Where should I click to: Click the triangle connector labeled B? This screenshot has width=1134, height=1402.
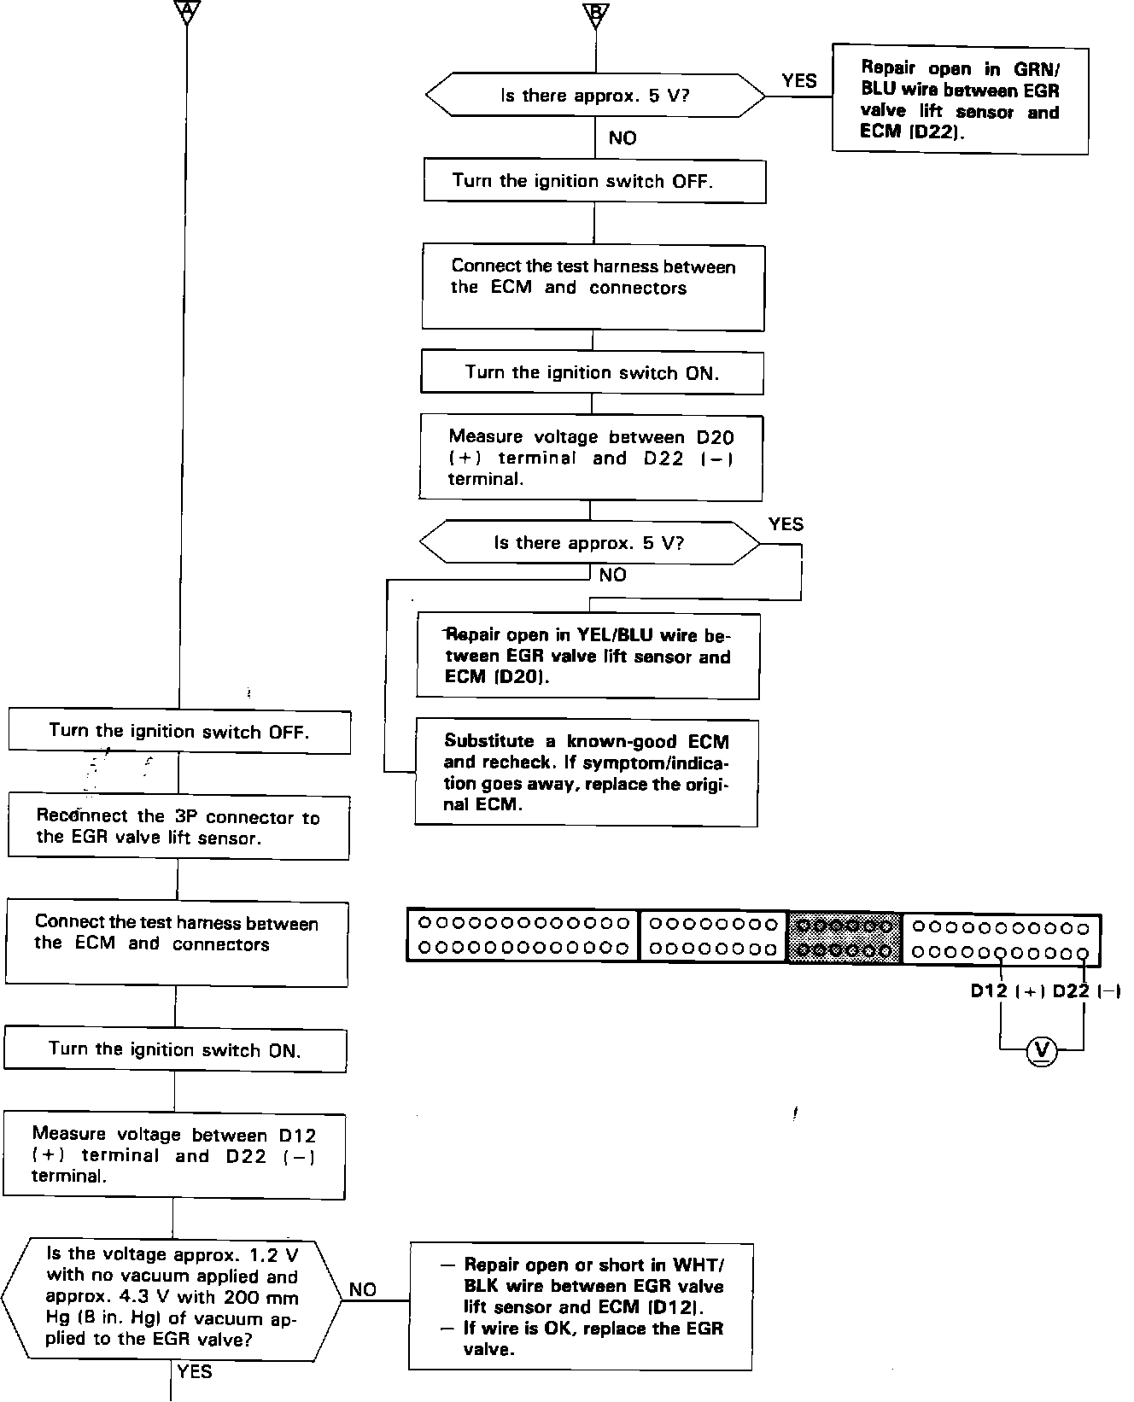(x=596, y=12)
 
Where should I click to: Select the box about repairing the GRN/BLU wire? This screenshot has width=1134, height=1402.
(x=960, y=99)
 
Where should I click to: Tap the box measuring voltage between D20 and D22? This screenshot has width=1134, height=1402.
(x=590, y=458)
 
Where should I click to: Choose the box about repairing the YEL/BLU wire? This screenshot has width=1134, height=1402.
(x=587, y=656)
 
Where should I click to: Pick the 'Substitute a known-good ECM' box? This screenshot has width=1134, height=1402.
(x=587, y=773)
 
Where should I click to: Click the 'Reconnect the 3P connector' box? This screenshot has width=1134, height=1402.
(x=178, y=827)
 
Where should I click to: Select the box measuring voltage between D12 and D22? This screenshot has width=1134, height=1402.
(x=174, y=1155)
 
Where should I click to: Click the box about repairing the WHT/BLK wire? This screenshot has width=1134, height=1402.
(x=581, y=1306)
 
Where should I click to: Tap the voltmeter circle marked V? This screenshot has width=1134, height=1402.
(x=1041, y=1049)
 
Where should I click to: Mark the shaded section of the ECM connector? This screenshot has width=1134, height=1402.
(x=844, y=937)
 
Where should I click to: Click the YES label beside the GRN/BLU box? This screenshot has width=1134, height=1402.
(x=799, y=81)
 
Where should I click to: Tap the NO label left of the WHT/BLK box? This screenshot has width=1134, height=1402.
(x=363, y=1289)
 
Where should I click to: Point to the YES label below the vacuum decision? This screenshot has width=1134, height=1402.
(x=195, y=1371)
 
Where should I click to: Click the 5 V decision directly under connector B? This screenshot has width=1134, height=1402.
(x=595, y=95)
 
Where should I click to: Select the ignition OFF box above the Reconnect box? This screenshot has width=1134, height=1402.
(x=179, y=732)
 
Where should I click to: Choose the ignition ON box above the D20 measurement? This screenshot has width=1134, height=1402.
(x=592, y=372)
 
